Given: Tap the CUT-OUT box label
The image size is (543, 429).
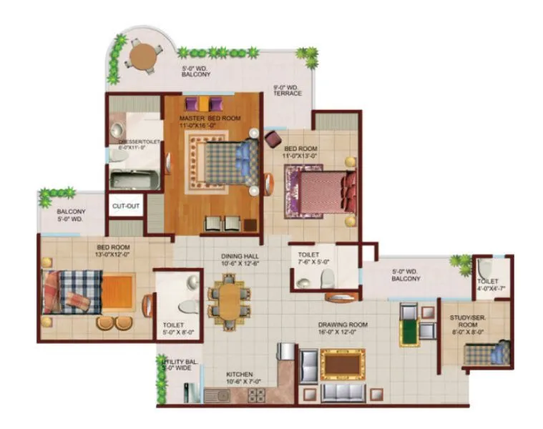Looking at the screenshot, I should [x=125, y=207].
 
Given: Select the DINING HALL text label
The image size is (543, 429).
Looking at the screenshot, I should [x=240, y=260].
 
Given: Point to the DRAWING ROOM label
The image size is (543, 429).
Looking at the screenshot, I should [x=343, y=328].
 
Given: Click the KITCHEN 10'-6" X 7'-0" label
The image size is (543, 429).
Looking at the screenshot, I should [x=240, y=378].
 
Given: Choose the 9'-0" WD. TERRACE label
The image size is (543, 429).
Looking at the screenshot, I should [x=287, y=91].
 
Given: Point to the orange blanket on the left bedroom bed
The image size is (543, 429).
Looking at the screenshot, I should [x=117, y=291].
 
